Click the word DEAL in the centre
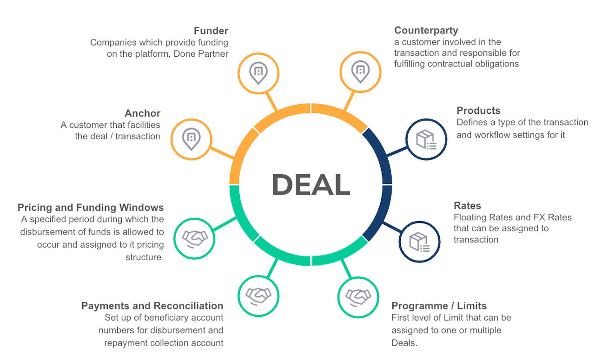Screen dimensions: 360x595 tap(311, 184)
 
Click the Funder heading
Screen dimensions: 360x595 tap(211, 31)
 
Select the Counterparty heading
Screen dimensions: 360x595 tap(426, 31)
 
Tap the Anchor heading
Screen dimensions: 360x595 tap(142, 113)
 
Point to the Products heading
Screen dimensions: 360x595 tap(478, 111)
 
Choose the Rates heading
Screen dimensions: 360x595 tap(467, 206)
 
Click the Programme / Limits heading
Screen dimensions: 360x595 tap(439, 306)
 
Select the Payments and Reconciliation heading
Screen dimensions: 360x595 tap(152, 306)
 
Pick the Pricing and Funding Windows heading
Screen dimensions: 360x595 tap(91, 207)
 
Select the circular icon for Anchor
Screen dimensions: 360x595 tap(191, 138)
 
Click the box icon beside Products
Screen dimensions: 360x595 tap(426, 139)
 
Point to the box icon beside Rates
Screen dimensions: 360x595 tap(419, 241)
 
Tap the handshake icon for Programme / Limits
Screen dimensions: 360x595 tap(358, 296)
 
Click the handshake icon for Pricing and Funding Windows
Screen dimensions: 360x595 tap(194, 238)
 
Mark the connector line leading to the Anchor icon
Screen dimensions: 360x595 tap(222, 153)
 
